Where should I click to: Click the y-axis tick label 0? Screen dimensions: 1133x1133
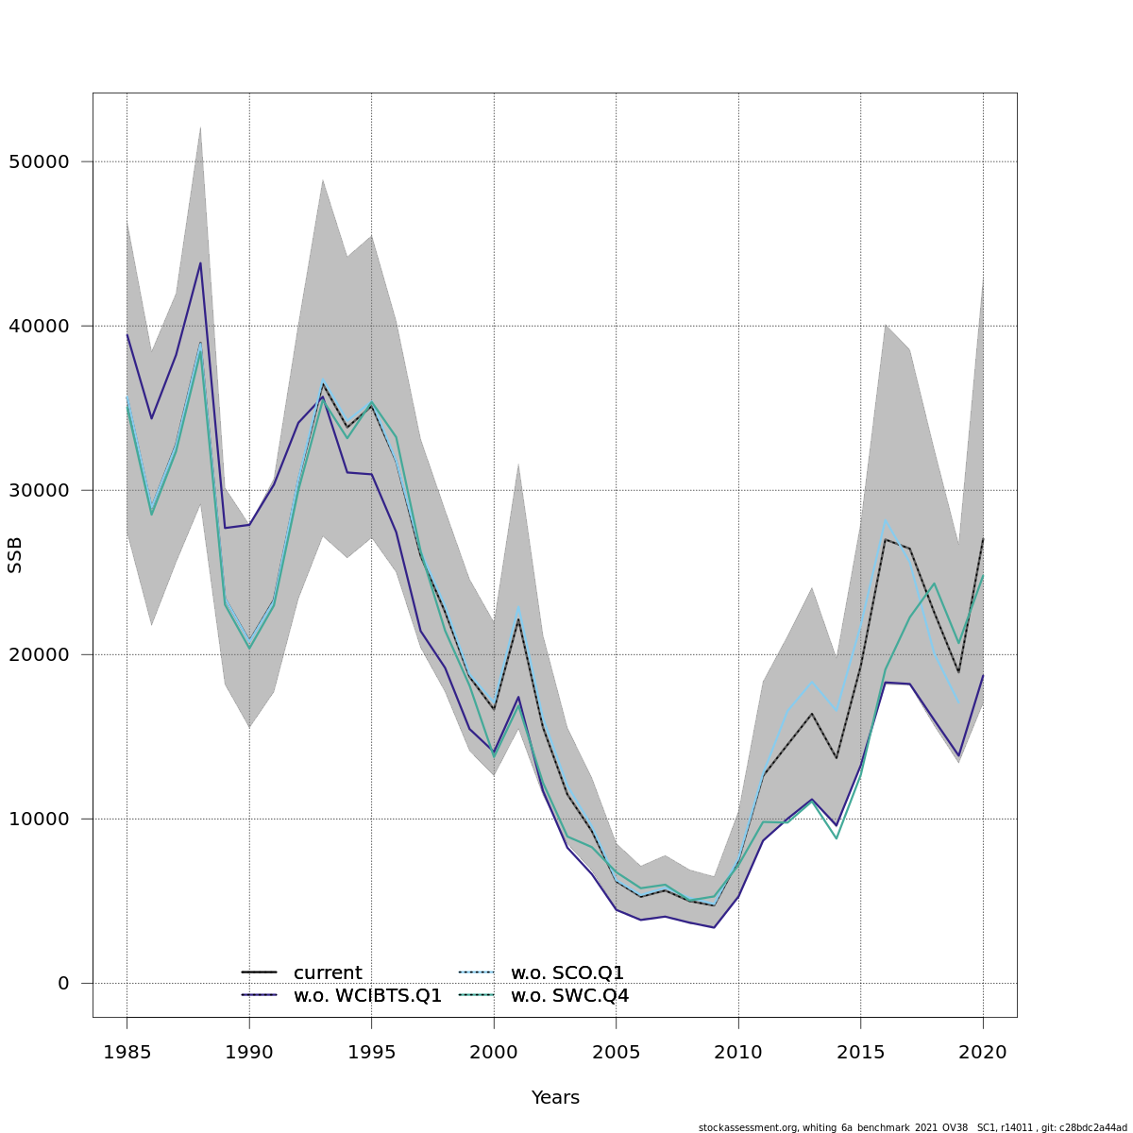tap(63, 983)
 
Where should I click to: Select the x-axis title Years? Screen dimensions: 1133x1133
tap(555, 1098)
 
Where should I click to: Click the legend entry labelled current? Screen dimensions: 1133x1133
tap(328, 972)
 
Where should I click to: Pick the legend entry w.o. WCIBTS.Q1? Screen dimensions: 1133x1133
tap(367, 995)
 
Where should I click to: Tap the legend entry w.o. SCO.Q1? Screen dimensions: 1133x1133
tap(567, 972)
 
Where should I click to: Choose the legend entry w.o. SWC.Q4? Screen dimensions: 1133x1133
tap(569, 995)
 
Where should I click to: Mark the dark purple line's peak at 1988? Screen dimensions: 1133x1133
tap(200, 262)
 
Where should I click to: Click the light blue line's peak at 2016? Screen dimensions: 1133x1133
tap(886, 519)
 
